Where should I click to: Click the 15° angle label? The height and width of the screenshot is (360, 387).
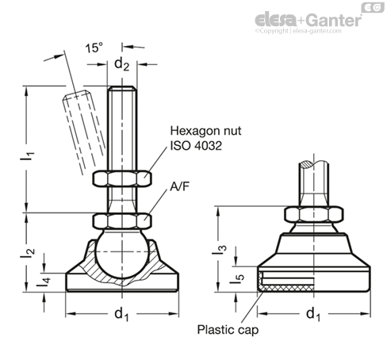pos(94,48)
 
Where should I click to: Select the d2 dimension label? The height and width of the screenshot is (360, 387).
pos(121,64)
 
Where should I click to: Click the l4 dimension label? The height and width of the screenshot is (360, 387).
pos(44,282)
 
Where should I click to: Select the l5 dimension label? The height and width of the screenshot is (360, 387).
pos(237,279)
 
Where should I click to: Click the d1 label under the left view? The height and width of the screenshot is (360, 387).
pos(121,314)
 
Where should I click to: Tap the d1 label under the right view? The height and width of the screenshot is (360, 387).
pos(313,314)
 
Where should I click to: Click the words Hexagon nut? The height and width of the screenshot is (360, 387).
pos(205,131)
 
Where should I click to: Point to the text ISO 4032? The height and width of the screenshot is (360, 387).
pos(196,146)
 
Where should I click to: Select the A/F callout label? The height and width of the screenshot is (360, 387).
pos(180,186)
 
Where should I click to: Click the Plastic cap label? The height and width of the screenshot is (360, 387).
pos(228,330)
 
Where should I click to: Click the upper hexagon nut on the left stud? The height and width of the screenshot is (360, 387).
pos(122,178)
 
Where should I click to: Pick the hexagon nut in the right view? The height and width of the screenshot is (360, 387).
pos(314,214)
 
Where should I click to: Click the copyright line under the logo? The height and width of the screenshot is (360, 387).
pos(298,31)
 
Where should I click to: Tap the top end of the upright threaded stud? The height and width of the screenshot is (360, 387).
pos(122,87)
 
